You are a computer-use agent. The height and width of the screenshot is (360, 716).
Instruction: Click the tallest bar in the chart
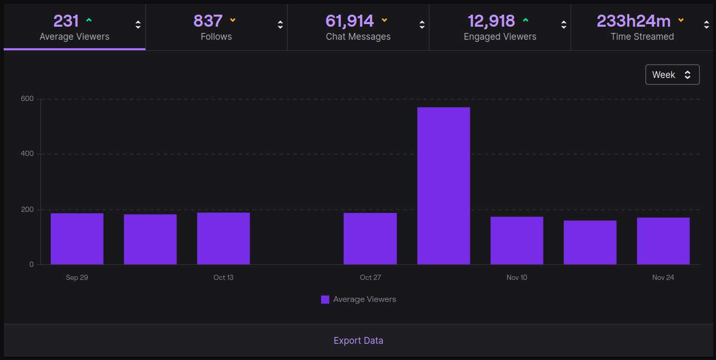coord(444,186)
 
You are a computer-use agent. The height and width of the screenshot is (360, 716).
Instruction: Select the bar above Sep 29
coord(77,239)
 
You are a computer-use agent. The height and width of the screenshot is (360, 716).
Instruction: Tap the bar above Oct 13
coord(223,239)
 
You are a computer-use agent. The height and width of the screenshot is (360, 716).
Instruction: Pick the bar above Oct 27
coord(370,239)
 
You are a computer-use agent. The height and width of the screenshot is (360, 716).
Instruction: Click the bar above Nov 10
coord(517,240)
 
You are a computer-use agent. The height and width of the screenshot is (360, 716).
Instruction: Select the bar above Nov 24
coord(663,241)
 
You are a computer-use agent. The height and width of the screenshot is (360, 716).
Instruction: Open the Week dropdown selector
coord(673,74)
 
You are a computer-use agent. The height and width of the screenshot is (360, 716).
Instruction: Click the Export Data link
coord(358,341)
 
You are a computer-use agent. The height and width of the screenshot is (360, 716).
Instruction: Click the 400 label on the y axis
coord(27,153)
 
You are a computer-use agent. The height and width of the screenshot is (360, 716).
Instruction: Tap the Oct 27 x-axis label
coord(370,277)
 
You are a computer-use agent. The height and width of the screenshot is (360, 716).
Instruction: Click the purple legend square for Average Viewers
coord(325,300)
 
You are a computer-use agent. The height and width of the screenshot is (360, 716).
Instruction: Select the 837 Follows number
coord(208,21)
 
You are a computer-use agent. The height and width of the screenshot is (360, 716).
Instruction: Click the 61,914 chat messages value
coord(349,21)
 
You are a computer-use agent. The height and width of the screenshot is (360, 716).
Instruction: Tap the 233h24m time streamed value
coord(633,21)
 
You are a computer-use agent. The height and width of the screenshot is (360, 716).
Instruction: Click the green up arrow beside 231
coord(89,20)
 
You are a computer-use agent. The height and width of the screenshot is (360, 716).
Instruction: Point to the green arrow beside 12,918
coord(526,20)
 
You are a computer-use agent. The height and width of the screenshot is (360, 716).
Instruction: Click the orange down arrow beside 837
coord(233,20)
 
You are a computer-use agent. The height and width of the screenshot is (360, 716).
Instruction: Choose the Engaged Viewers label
coord(500,37)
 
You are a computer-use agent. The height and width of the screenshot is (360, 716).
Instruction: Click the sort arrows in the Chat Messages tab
coord(422,25)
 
